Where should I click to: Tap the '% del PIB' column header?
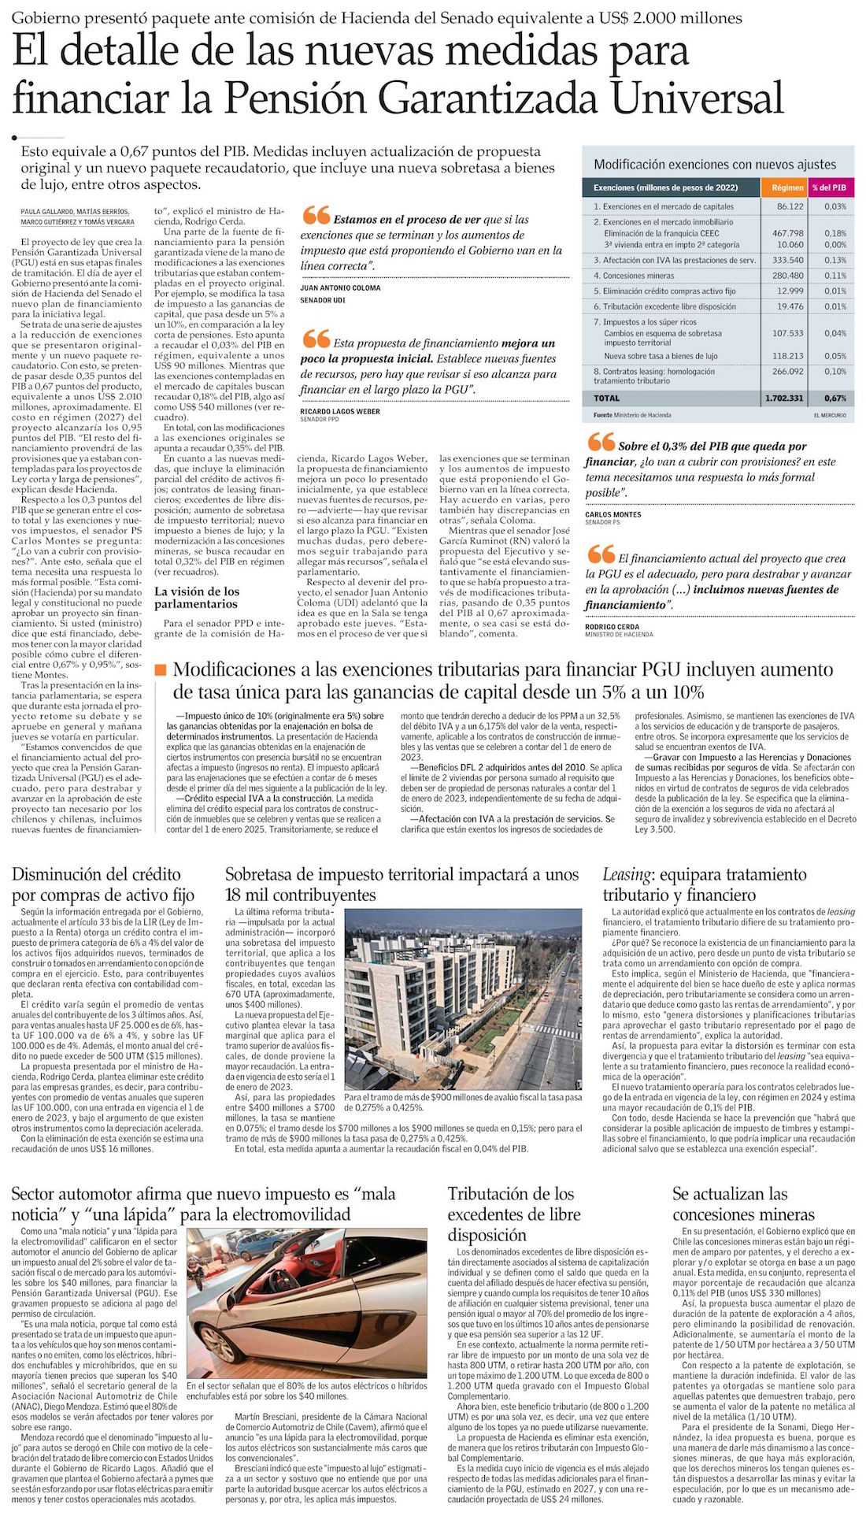pyautogui.click(x=830, y=187)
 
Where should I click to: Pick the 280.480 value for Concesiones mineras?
pyautogui.click(x=788, y=276)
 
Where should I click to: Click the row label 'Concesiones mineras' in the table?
pyautogui.click(x=638, y=276)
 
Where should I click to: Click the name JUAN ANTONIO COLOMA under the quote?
pyautogui.click(x=340, y=288)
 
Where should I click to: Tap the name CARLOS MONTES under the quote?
pyautogui.click(x=613, y=514)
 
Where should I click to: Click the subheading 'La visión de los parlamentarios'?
pyautogui.click(x=197, y=598)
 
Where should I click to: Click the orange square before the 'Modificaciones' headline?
pyautogui.click(x=161, y=670)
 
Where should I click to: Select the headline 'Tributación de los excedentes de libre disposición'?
pyautogui.click(x=514, y=1214)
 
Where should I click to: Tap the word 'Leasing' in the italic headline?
pyautogui.click(x=627, y=874)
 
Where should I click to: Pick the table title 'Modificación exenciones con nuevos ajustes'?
pyautogui.click(x=715, y=165)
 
